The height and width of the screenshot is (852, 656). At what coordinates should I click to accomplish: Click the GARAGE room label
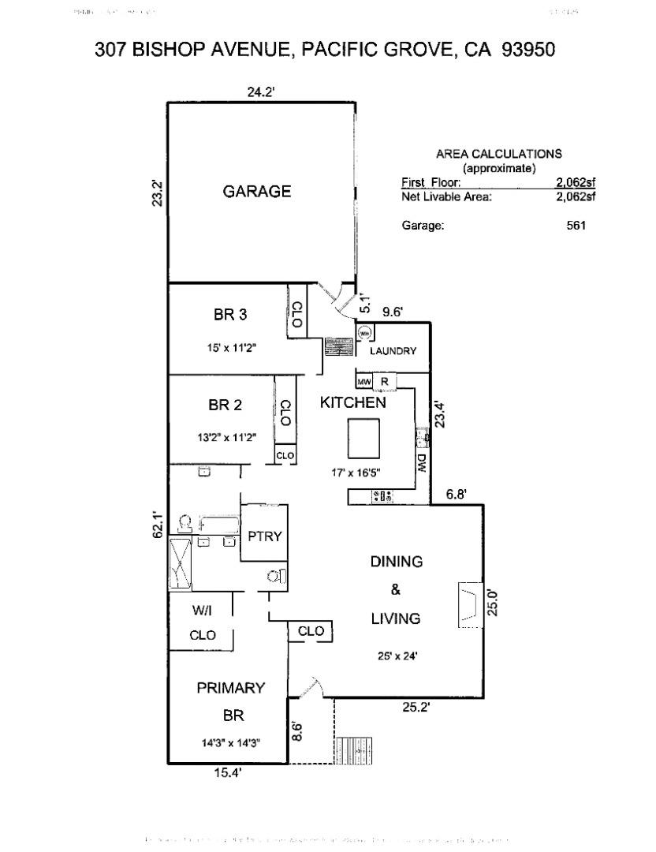pyautogui.click(x=256, y=192)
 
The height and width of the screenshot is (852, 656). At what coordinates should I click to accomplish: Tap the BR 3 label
pyautogui.click(x=230, y=315)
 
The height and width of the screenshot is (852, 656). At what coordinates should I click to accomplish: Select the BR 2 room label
pyautogui.click(x=225, y=405)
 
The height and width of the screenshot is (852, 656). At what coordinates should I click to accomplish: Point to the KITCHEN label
pyautogui.click(x=352, y=402)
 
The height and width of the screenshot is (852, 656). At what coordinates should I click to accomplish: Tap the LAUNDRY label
pyautogui.click(x=393, y=351)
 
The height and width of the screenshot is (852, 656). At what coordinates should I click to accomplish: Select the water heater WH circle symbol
pyautogui.click(x=364, y=334)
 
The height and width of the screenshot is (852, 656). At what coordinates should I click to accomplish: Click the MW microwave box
pyautogui.click(x=364, y=383)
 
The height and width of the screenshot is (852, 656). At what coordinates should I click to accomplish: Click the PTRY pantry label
pyautogui.click(x=265, y=536)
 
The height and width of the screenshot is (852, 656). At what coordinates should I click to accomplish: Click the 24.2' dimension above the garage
pyautogui.click(x=260, y=92)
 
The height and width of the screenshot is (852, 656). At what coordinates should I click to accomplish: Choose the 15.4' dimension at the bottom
pyautogui.click(x=227, y=774)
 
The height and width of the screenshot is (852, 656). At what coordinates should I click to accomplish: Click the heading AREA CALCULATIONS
pyautogui.click(x=498, y=155)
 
